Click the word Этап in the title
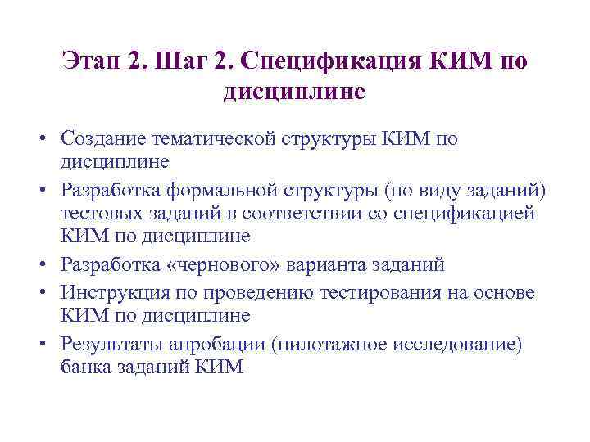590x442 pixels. [92, 62]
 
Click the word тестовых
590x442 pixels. [95, 213]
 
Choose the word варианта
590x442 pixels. [317, 265]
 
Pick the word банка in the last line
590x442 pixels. [84, 367]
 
